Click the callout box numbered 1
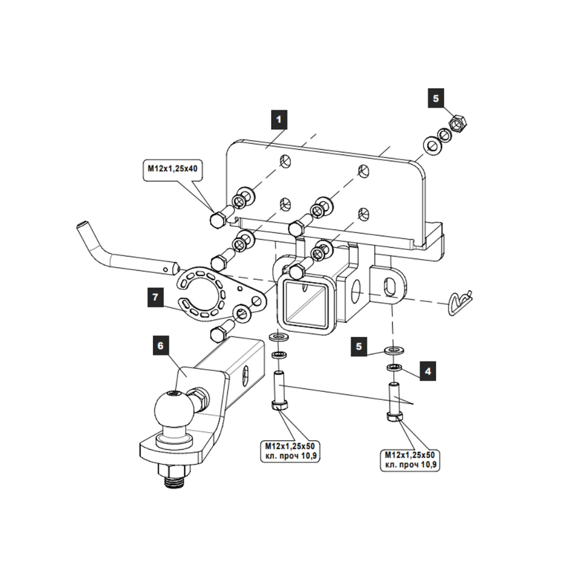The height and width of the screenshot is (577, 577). (279, 121)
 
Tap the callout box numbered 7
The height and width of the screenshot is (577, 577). (154, 297)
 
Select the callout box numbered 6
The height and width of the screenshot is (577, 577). (160, 346)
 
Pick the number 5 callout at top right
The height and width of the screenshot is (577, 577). (436, 98)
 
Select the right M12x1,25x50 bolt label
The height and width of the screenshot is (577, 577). (413, 459)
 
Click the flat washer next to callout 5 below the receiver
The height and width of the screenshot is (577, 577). (395, 350)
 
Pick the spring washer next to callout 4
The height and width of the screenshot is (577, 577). (395, 368)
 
